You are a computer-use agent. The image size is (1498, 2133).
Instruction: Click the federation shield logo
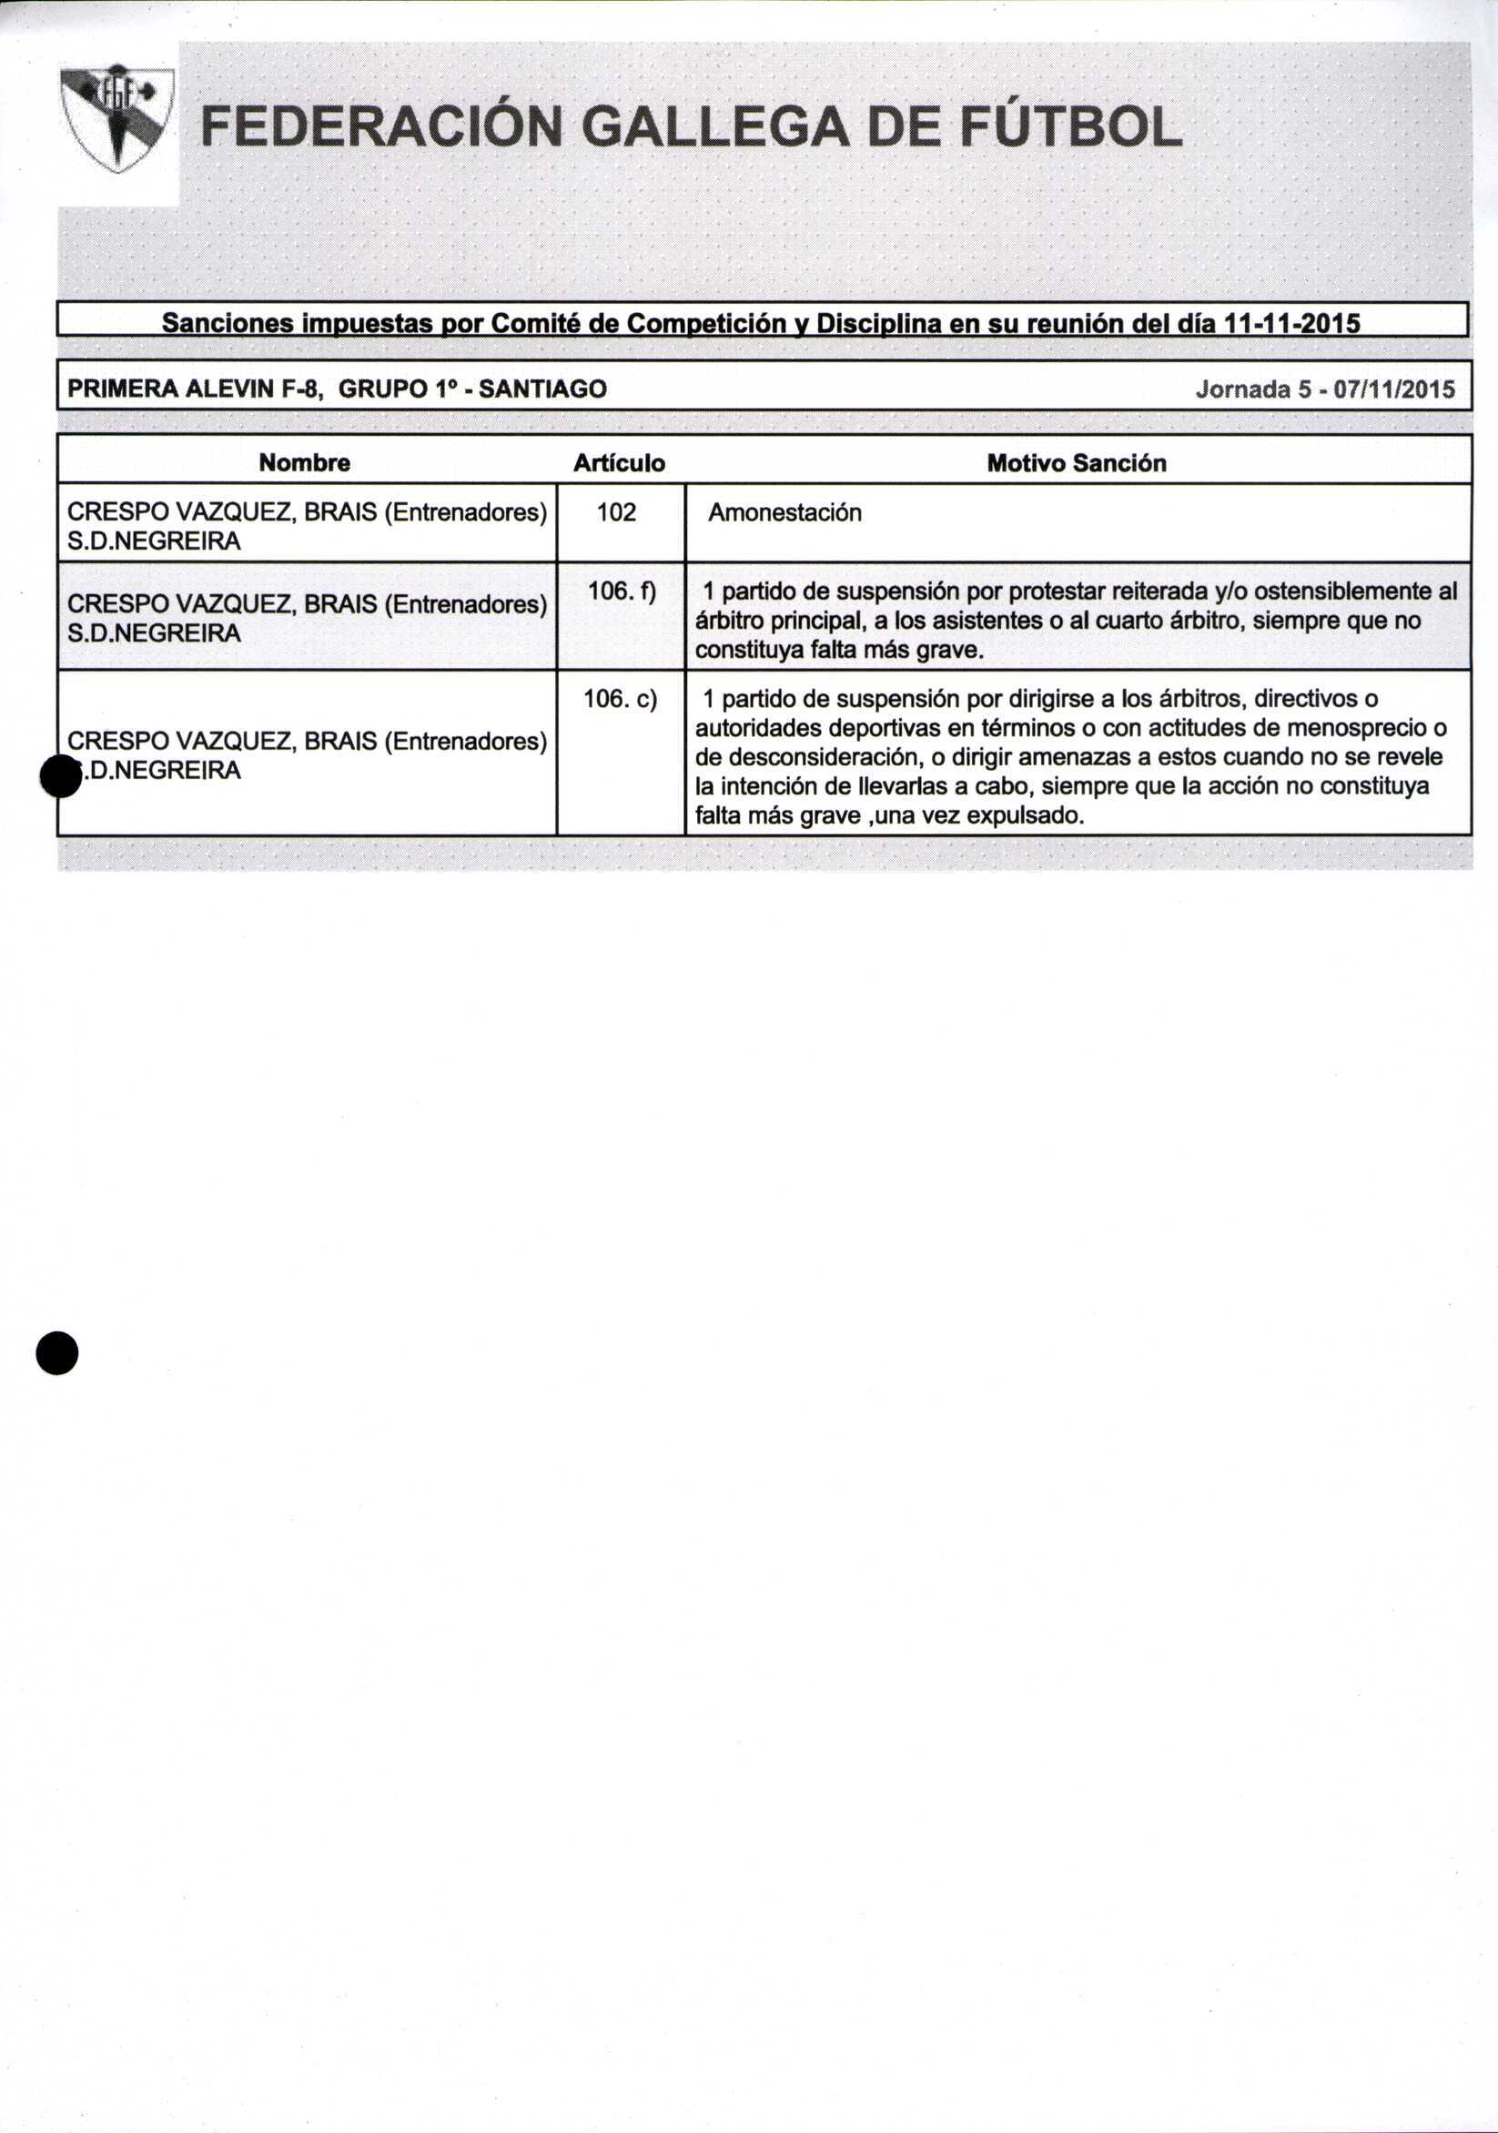117,118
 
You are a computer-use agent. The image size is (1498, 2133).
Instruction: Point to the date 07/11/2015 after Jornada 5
1394,389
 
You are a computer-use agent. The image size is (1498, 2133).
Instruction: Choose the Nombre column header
305,462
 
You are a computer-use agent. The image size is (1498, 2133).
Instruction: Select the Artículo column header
619,462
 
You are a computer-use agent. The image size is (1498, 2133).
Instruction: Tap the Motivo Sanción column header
1076,462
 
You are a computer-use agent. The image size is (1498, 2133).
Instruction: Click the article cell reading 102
616,512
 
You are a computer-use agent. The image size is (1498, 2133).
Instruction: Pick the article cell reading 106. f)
621,591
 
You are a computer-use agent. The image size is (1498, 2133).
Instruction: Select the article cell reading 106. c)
620,699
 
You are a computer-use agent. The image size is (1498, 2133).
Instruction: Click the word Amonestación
784,513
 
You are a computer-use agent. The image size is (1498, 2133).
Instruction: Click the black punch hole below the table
56,1352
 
